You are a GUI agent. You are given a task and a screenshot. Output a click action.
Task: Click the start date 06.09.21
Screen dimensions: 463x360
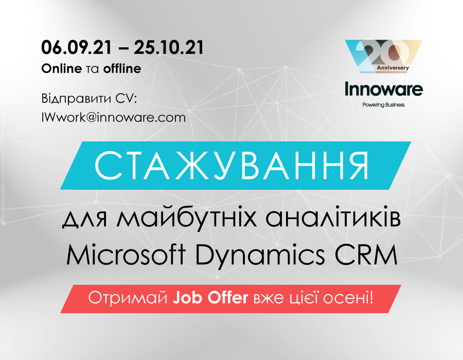point(77,47)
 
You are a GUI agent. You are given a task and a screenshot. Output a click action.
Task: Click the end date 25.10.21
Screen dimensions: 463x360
point(169,47)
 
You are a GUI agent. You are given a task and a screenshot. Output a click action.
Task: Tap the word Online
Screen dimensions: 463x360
point(61,68)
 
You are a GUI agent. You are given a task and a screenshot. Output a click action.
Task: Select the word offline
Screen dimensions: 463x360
point(122,68)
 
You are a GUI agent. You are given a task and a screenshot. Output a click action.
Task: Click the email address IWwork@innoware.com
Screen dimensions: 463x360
point(113,117)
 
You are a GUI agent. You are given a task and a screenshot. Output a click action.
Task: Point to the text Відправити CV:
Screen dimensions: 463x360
point(89,99)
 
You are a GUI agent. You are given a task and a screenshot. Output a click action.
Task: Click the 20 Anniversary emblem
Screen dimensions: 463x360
point(384,57)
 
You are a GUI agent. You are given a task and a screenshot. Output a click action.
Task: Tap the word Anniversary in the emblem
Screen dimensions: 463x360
point(393,67)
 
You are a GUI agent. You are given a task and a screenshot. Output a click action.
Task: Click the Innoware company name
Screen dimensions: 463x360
point(384,89)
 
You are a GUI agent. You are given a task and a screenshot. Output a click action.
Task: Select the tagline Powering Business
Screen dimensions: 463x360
point(384,105)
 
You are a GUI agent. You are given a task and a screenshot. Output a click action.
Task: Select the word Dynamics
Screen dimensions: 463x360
point(260,256)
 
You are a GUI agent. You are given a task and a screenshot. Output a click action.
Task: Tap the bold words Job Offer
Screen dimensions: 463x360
point(210,298)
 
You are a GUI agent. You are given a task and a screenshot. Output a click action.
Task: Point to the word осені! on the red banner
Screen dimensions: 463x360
point(348,298)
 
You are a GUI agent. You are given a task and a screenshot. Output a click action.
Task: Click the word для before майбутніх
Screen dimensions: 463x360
point(85,220)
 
